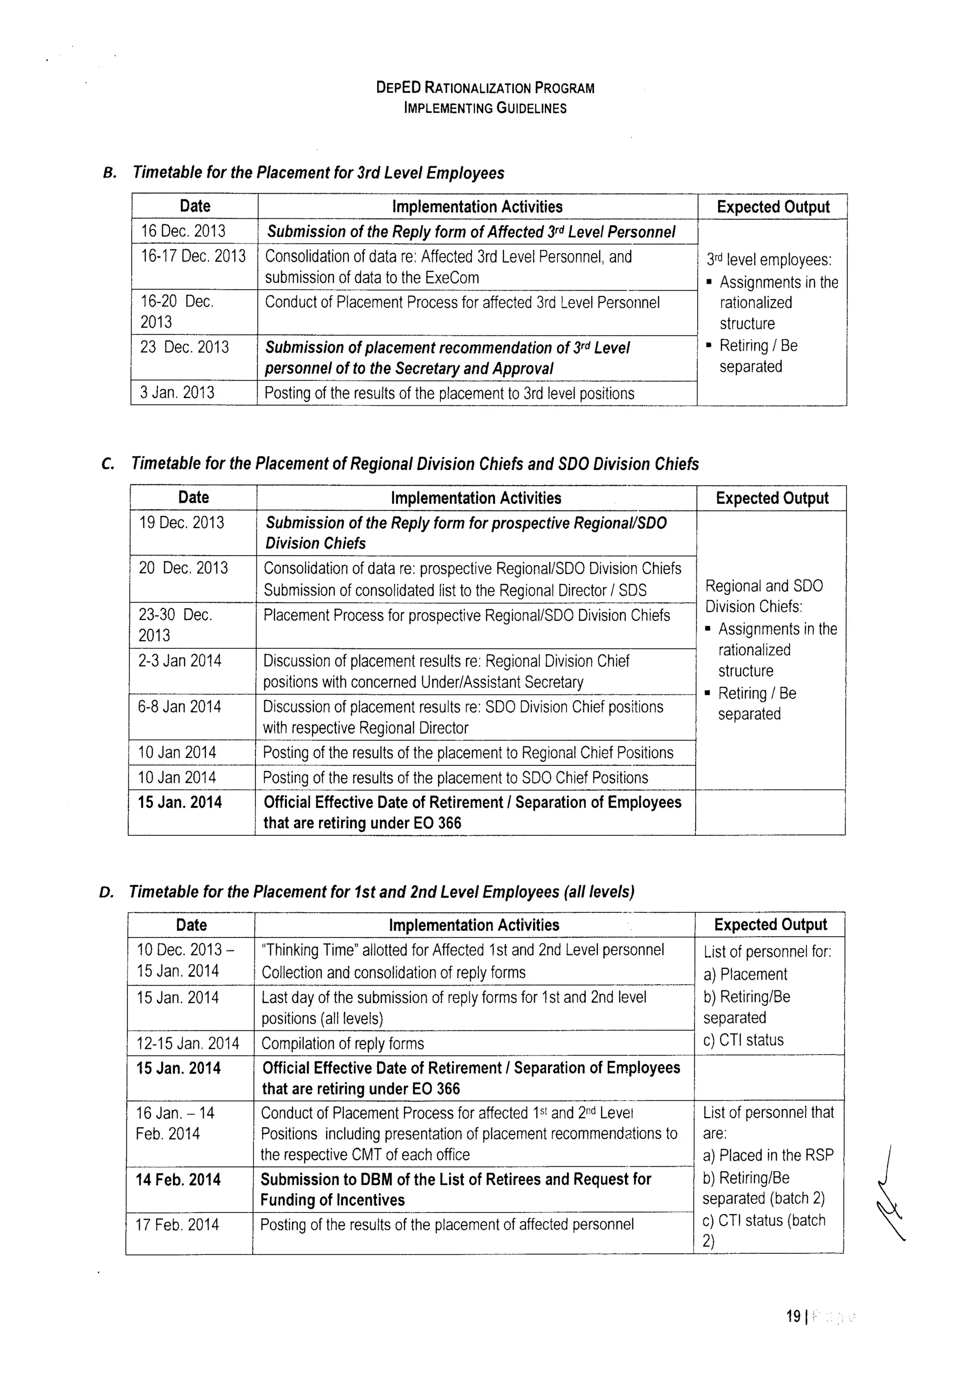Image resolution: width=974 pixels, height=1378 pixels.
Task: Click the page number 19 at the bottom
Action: tap(793, 1316)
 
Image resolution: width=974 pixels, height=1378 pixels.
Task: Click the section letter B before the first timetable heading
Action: tap(109, 174)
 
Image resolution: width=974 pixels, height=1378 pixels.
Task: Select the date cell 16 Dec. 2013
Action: tap(183, 231)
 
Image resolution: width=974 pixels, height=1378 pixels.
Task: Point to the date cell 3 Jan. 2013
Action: tap(177, 392)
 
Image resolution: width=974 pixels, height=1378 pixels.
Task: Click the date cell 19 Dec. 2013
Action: tap(181, 523)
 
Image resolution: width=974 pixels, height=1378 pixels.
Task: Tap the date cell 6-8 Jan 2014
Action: tap(179, 706)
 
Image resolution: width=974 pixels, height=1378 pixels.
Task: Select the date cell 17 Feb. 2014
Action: tap(177, 1224)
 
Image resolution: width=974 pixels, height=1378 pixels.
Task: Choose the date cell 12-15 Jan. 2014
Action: tap(188, 1043)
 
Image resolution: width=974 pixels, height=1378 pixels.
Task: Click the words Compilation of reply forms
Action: tap(343, 1044)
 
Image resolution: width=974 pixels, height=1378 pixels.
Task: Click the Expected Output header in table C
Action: tap(772, 498)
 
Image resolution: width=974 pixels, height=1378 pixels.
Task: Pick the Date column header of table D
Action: tap(192, 925)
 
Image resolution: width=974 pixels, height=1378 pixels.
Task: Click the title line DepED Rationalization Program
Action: tap(485, 88)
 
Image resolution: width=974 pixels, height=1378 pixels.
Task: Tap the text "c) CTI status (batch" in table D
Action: tap(763, 1220)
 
